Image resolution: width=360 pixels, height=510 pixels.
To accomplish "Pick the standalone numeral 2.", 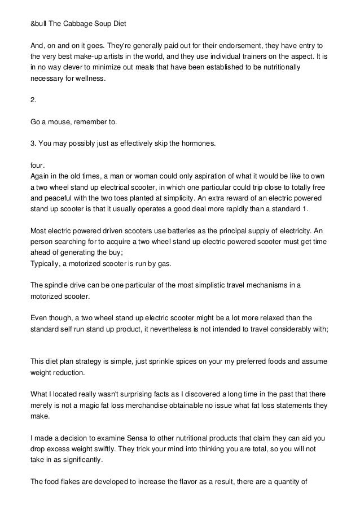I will click(32, 100).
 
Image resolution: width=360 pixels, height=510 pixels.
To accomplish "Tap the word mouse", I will click(59, 121).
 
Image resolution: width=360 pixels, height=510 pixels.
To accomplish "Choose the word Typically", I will click(47, 263).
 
